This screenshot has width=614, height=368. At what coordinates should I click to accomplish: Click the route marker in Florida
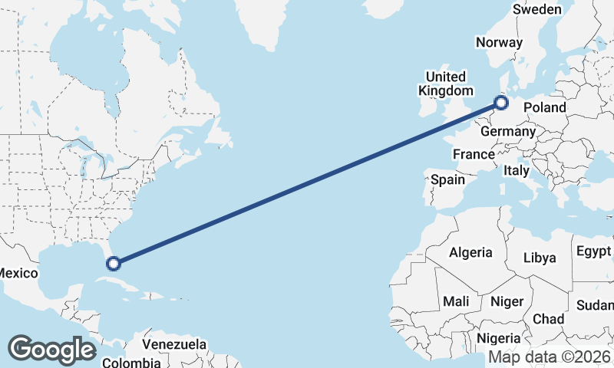[114, 264]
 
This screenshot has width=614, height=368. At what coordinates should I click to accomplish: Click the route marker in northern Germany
[501, 102]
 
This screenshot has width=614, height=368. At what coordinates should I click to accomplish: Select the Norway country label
[499, 43]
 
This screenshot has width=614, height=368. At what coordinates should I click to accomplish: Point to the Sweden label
[537, 9]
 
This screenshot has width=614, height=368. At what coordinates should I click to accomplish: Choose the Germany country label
[507, 131]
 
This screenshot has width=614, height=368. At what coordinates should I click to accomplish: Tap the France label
[474, 154]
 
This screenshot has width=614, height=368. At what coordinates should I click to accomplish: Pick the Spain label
[448, 179]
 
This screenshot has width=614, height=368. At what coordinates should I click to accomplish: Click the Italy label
[517, 171]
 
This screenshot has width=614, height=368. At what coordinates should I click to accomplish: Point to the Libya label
[540, 258]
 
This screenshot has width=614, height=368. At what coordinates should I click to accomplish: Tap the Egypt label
[593, 251]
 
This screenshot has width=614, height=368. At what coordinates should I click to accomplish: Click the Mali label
[456, 301]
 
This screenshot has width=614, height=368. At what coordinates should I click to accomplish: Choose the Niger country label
[507, 301]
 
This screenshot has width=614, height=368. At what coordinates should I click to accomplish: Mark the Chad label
[548, 319]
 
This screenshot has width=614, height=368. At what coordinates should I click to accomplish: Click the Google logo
[51, 349]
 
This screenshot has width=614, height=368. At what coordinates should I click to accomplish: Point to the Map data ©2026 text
[549, 357]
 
